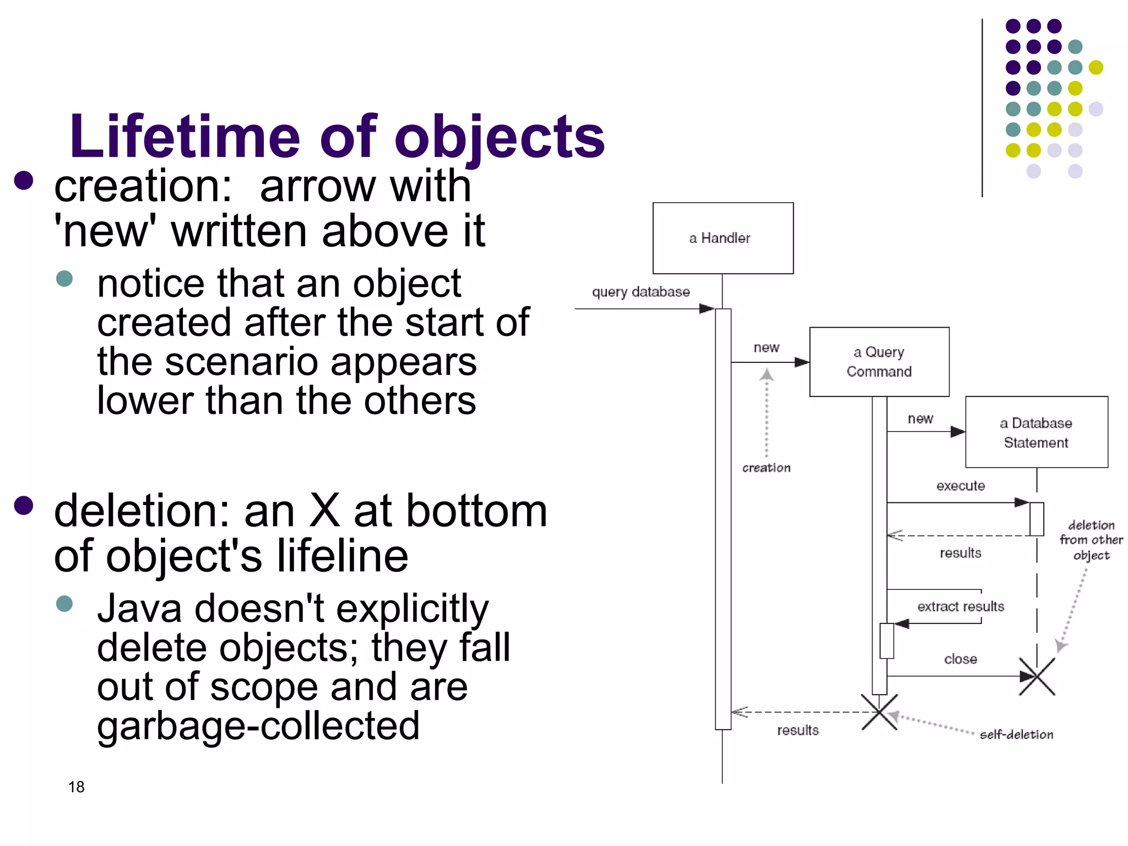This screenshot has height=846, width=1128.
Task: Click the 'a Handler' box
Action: [x=723, y=238]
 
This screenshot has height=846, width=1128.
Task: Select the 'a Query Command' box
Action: [x=879, y=362]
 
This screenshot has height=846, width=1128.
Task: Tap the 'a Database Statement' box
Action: [x=1036, y=432]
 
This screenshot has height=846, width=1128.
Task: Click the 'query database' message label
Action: [x=641, y=292]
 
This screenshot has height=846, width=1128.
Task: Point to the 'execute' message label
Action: [x=961, y=486]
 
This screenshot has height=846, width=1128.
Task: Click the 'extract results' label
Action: [x=961, y=606]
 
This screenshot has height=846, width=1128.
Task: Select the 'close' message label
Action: [x=961, y=659]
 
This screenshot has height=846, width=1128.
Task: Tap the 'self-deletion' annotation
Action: [x=1016, y=734]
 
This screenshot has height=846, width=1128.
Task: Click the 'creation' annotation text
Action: [x=766, y=468]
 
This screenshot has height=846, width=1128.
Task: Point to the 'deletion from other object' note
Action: [x=1091, y=540]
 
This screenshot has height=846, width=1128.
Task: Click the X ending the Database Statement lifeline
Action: [x=1037, y=676]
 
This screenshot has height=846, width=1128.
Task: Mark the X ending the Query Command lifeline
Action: [x=880, y=712]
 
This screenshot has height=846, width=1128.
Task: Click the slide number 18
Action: [x=77, y=787]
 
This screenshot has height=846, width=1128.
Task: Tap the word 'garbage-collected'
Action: [x=258, y=725]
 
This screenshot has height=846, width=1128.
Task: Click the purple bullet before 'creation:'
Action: [x=24, y=181]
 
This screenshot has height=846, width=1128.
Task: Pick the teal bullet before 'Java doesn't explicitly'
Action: [x=64, y=603]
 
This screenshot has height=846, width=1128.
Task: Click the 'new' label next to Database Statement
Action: [x=920, y=419]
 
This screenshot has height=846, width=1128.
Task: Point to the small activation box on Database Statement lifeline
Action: [x=1037, y=519]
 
